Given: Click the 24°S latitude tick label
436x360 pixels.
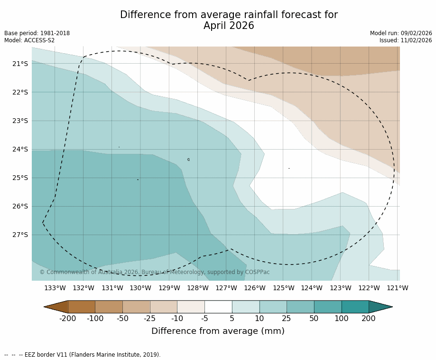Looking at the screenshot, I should click(20, 149).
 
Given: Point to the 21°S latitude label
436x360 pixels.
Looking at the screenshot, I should click(20, 64).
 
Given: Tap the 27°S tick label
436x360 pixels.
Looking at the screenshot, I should click(20, 235).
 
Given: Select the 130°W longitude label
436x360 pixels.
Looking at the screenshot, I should click(140, 288).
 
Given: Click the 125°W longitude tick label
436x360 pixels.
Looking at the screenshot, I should click(283, 288).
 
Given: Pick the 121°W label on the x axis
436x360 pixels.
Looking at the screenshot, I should click(398, 288).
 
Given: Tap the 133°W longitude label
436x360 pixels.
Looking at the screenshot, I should click(55, 288).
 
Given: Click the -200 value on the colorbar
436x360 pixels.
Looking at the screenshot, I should click(67, 319).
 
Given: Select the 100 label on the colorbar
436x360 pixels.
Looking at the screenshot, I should click(341, 319).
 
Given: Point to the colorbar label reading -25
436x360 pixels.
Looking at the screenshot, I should click(150, 319).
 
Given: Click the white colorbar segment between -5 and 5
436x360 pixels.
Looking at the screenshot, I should click(218, 307).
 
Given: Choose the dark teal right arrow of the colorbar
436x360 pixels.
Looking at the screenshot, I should click(380, 307).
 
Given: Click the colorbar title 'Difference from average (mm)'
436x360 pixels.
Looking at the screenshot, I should click(218, 332).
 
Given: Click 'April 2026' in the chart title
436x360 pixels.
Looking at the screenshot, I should click(229, 26).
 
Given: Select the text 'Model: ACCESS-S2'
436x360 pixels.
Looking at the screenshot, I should click(29, 40).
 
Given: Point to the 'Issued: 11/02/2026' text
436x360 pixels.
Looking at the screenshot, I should click(406, 40).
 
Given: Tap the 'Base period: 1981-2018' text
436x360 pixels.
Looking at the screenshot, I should click(37, 33).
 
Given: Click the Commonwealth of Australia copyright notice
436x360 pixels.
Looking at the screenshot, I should click(154, 272).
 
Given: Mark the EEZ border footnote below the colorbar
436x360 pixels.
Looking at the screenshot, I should click(83, 355).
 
